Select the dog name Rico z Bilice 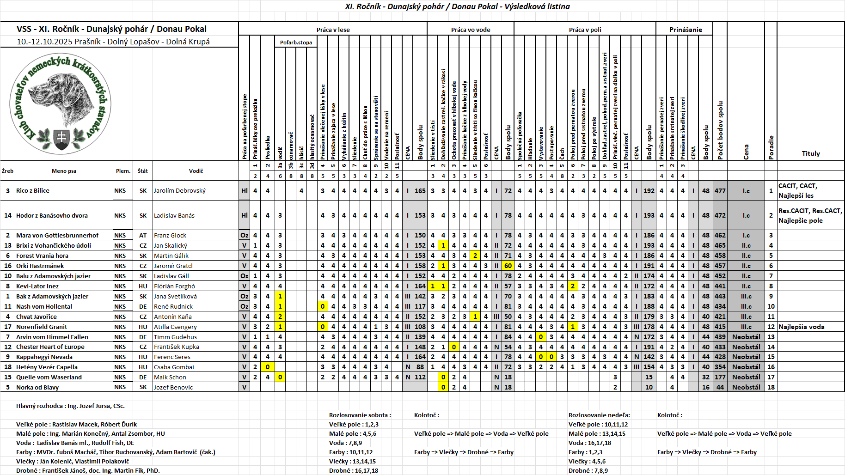33,190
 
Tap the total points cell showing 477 720,190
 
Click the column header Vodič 196,171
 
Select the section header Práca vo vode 470,30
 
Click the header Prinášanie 685,30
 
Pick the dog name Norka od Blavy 37,387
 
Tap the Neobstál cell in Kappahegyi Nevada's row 746,357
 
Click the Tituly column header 810,153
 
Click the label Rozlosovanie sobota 360,415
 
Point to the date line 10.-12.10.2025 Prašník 113,42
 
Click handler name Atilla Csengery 175,327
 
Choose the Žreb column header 7,171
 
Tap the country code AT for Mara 143,235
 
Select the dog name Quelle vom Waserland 49,377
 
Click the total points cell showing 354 720,367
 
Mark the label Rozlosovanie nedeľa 599,415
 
